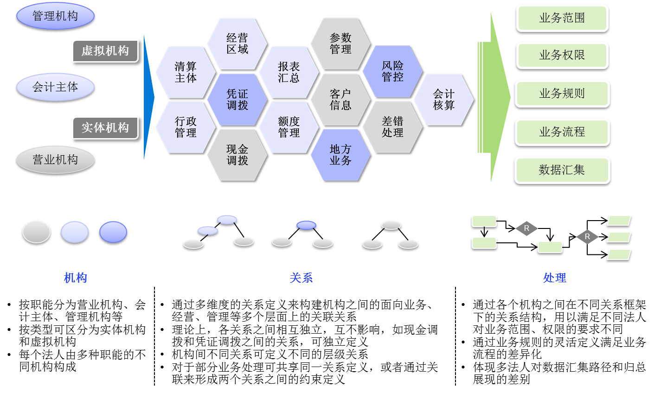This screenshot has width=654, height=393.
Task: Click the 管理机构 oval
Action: (55, 16)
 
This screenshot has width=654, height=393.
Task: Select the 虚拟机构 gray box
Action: (105, 51)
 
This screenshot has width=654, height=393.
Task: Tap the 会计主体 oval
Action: (55, 87)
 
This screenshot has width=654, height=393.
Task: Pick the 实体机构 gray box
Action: (105, 128)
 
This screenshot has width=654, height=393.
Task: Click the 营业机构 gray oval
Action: (55, 160)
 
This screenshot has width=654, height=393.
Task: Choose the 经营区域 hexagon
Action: (237, 44)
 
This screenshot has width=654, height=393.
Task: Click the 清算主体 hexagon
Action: (186, 72)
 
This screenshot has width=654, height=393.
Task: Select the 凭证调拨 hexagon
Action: (237, 100)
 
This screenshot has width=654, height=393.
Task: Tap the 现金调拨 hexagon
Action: (237, 155)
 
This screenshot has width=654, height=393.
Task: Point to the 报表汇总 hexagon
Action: (289, 72)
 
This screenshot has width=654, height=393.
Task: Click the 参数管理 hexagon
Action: (340, 44)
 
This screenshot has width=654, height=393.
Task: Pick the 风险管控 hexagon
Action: (392, 71)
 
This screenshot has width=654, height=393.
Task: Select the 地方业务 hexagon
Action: (340, 155)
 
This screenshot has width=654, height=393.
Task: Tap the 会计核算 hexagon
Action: (444, 100)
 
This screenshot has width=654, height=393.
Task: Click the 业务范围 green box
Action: (562, 18)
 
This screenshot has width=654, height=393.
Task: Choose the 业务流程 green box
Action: (562, 132)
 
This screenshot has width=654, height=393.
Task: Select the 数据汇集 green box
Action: (562, 170)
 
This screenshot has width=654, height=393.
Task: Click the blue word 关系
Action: (301, 278)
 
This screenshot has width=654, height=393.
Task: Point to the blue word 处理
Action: (554, 278)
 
